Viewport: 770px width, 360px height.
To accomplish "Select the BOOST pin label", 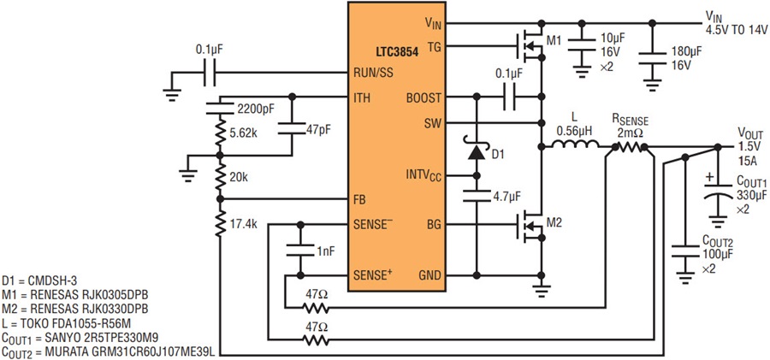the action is click(423, 97).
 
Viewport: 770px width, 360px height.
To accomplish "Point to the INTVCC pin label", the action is click(423, 175).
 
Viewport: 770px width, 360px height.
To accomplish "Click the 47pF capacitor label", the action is click(319, 130).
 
